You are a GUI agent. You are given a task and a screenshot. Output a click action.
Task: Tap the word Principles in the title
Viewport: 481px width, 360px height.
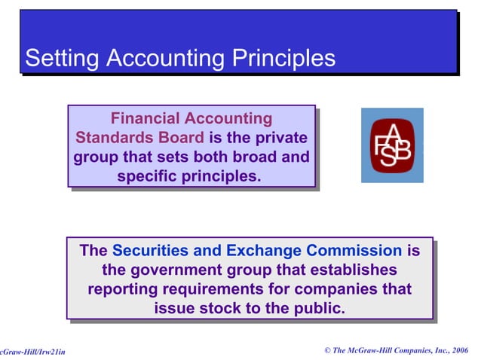click(278, 58)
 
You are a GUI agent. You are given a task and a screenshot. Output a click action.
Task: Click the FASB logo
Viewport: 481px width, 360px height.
click(391, 145)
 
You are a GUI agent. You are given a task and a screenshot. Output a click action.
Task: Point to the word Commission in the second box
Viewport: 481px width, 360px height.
click(357, 251)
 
